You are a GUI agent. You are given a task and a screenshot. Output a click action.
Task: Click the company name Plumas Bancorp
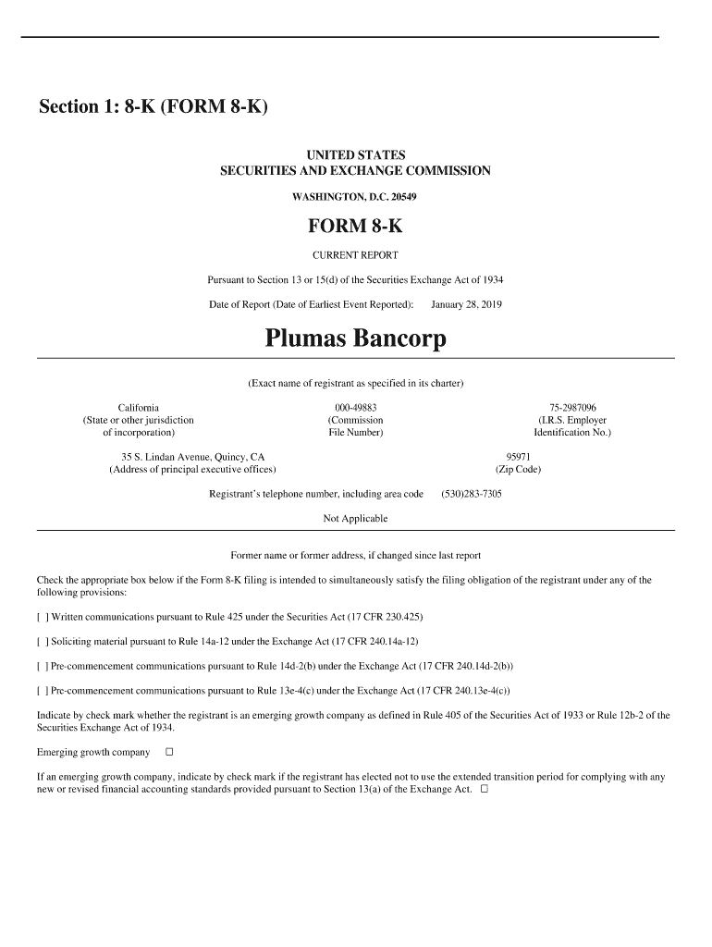point(355,339)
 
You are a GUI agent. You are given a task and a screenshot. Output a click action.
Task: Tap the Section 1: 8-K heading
point(153,107)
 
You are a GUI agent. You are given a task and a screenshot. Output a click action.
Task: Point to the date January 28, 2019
point(466,304)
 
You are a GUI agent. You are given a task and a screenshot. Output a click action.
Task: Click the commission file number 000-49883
point(355,408)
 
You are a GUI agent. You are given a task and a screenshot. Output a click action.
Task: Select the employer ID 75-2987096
point(572,408)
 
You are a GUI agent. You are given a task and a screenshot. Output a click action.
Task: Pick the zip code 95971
point(518,457)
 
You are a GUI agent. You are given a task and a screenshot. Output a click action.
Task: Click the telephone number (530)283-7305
point(472,494)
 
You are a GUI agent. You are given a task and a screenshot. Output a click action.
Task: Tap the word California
point(139,408)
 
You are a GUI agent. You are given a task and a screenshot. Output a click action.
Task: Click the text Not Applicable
point(355,518)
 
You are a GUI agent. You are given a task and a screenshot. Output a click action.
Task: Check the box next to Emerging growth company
point(169,752)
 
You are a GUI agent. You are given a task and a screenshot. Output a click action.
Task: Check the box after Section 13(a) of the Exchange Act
point(485,790)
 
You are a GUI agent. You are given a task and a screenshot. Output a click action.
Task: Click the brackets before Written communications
point(43,617)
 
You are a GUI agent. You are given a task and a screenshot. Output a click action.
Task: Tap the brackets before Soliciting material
point(43,642)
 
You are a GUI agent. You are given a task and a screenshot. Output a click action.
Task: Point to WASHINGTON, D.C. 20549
point(355,197)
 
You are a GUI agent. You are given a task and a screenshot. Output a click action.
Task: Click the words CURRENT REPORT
point(355,255)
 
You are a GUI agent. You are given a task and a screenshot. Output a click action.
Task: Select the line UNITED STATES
point(355,155)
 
